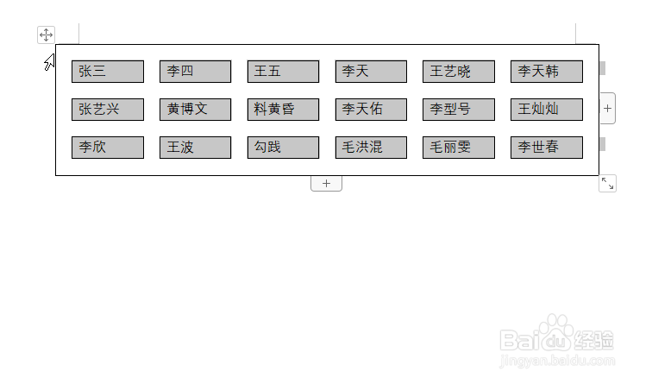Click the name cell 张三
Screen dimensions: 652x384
click(108, 72)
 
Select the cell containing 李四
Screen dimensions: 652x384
click(196, 72)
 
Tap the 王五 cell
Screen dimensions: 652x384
click(284, 72)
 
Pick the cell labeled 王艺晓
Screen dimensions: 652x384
click(459, 72)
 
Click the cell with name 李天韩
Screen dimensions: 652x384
click(547, 72)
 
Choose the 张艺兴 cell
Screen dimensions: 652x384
click(108, 110)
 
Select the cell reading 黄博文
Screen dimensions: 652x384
click(196, 110)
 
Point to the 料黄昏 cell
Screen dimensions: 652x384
click(284, 110)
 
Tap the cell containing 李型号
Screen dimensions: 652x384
click(459, 110)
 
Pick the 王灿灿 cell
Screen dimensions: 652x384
click(547, 110)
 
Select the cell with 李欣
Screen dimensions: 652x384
click(108, 148)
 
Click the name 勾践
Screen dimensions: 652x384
click(284, 148)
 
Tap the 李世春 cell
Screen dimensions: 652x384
click(547, 148)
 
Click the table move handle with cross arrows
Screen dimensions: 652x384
click(46, 35)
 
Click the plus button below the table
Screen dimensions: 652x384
click(326, 184)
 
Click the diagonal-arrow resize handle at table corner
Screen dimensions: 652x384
click(607, 183)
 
